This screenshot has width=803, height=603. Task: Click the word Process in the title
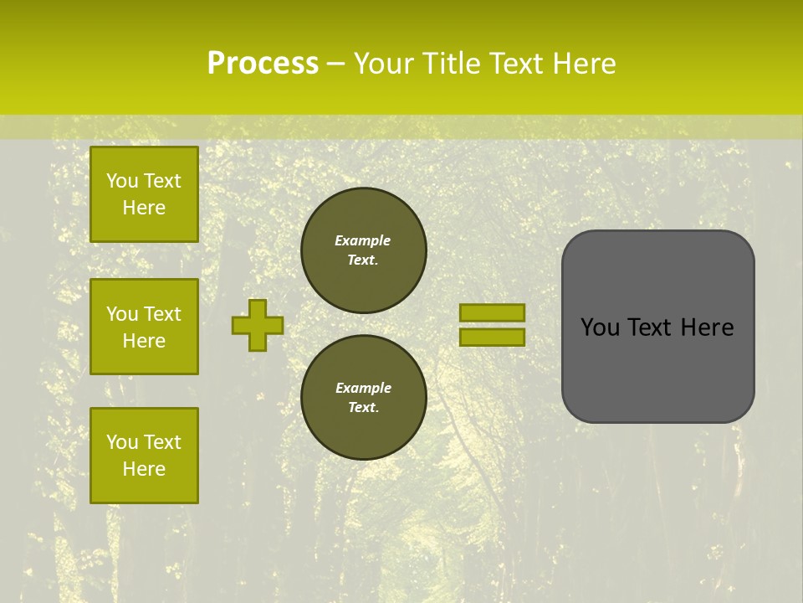pos(263,64)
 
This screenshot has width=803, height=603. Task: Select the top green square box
pos(144,194)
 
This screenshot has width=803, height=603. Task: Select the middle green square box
pos(144,327)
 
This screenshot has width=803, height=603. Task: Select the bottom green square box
pos(144,456)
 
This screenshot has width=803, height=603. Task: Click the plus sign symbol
pos(258,325)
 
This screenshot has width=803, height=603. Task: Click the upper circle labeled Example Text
pos(364,250)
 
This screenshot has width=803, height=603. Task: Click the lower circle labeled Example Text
pos(364,398)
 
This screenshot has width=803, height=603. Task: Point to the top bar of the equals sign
pos(492,312)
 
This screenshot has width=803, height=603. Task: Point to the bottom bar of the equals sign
pos(492,338)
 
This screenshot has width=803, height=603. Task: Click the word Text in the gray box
pos(652,327)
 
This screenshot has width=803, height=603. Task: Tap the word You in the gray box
pos(599,327)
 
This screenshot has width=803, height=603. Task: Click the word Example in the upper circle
pos(363,240)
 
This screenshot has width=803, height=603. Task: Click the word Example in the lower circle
pos(363,388)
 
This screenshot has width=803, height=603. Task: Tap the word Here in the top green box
pos(144,208)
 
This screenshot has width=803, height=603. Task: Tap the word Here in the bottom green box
pos(144,469)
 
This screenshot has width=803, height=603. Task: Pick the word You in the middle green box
pos(120,314)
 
